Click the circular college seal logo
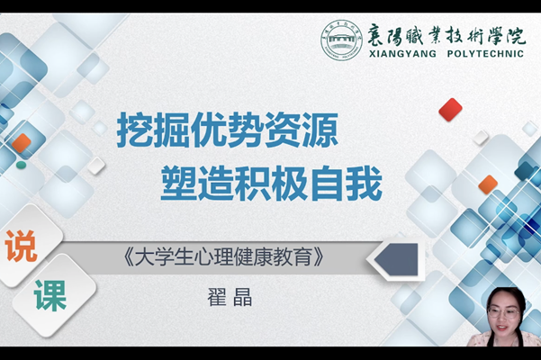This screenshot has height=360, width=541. click(341, 40)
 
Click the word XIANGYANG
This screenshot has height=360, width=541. click(402, 54)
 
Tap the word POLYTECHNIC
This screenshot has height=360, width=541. click(485, 54)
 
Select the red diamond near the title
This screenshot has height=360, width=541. click(450, 110)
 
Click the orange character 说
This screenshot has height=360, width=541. click(21, 246)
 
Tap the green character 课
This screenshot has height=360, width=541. click(50, 295)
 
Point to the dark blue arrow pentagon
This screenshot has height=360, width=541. click(396, 259)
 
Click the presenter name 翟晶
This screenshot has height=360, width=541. click(230, 297)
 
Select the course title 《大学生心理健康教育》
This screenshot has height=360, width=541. click(223, 256)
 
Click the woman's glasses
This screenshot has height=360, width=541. click(504, 313)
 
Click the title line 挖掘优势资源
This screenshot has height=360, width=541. click(228, 130)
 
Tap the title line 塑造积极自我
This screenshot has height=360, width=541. click(271, 183)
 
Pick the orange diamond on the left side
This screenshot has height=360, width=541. click(22, 143)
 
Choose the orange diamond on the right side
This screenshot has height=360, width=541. click(488, 184)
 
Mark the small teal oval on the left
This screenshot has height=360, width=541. click(21, 166)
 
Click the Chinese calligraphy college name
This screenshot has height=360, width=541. click(446, 35)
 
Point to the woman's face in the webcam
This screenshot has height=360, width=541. click(504, 313)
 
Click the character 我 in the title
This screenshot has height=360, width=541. click(364, 183)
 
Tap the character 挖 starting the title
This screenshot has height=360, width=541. click(134, 130)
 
